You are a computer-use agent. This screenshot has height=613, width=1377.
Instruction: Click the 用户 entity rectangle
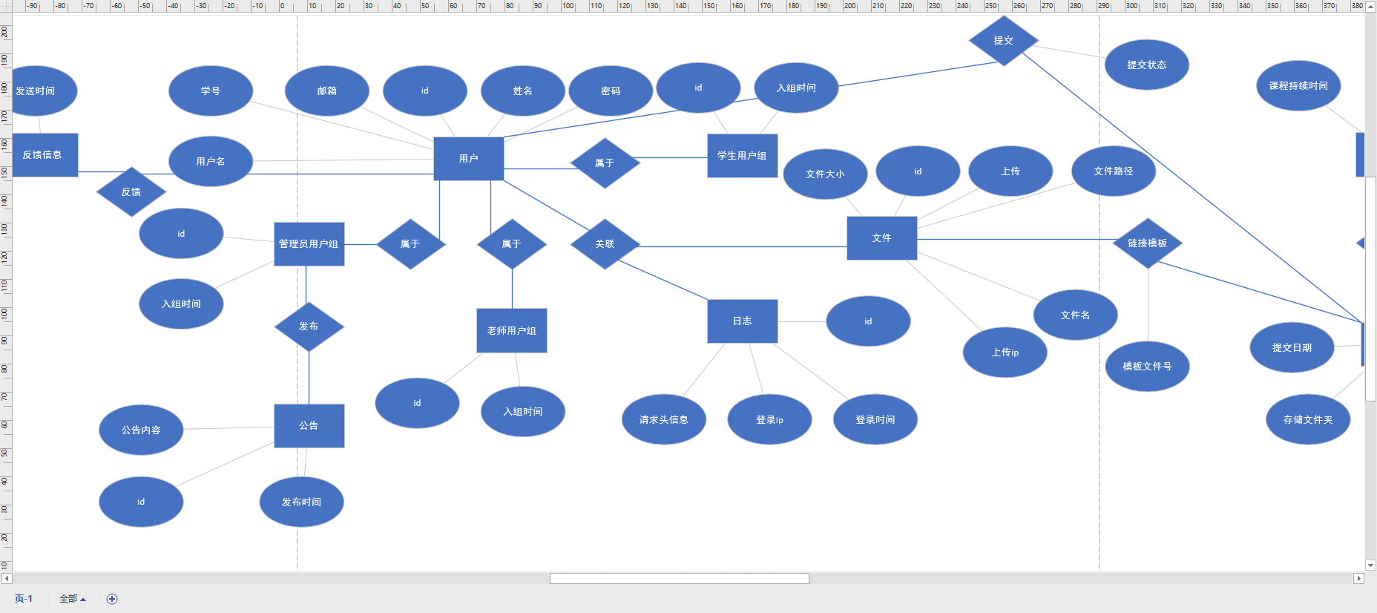468,158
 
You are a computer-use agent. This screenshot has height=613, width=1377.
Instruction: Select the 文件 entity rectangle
881,238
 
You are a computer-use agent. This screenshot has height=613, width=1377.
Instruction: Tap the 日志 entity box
742,321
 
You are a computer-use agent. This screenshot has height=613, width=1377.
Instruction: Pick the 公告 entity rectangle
309,426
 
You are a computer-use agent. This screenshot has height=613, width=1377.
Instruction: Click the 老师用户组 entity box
511,331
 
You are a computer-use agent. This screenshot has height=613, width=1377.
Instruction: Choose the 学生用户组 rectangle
742,156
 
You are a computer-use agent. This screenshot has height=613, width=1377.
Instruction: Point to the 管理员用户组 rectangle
309,244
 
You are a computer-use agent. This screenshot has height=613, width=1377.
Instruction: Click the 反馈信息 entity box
43,155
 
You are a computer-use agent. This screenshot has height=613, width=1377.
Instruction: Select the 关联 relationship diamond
605,244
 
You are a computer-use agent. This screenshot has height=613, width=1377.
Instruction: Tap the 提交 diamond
1003,41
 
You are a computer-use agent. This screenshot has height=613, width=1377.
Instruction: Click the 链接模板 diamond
1147,243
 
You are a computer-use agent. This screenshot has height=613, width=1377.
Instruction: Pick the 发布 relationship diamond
309,327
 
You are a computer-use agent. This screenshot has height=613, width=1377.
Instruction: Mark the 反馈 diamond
131,192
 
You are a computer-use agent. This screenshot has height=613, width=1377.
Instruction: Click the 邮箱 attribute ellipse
326,91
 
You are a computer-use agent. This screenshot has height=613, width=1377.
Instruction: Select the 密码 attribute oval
610,91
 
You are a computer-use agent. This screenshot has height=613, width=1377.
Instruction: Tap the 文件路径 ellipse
1113,171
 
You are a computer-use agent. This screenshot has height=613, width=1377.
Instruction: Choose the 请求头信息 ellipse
663,420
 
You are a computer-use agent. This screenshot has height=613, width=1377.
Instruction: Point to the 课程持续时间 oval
1298,86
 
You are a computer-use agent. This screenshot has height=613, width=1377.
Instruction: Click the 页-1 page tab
24,599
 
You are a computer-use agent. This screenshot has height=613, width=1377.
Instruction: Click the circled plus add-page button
112,599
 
